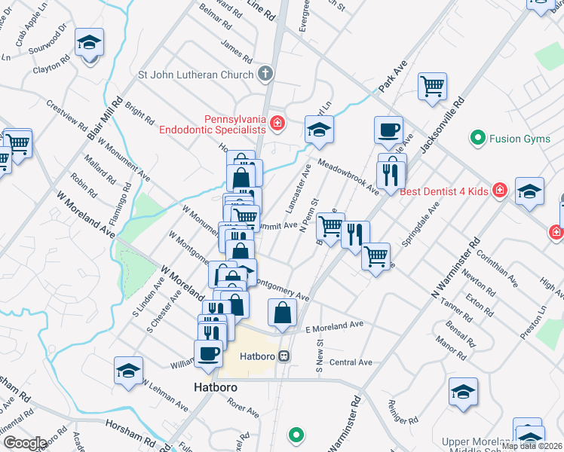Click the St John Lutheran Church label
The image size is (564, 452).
coord(195,75)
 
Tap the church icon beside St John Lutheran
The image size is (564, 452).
coord(264,74)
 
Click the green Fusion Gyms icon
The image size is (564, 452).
coord(477,138)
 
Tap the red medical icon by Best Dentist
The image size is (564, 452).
coord(498,191)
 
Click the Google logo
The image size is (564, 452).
coord(24,443)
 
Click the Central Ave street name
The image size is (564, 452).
coord(351,362)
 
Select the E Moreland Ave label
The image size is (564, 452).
coord(334,326)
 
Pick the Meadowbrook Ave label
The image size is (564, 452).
coord(348,176)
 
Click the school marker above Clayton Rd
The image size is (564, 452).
coord(90,44)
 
